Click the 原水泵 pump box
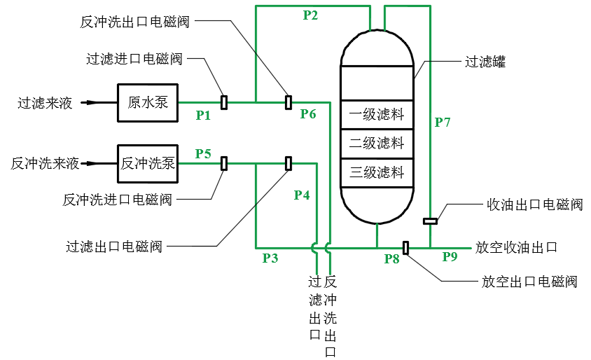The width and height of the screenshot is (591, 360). coord(148,102)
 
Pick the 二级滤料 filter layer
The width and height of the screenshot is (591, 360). coord(377,144)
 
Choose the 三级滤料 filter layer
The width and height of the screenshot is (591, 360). coord(377,172)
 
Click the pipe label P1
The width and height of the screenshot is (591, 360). coord(203,116)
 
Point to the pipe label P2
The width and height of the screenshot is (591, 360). coord(311,15)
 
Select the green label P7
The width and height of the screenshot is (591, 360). coord(443,123)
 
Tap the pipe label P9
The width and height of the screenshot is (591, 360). coord(450,258)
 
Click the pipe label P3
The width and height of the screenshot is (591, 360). coord(270,258)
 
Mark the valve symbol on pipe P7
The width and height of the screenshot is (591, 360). coord(431,222)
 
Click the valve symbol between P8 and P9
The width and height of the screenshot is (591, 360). coord(405,247)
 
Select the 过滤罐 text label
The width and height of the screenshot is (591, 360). coord(485,62)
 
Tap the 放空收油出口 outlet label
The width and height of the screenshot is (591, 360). coord(516,247)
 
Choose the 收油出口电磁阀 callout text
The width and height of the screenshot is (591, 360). coord(534,205)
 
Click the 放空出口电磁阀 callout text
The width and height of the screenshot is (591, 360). coord(529,282)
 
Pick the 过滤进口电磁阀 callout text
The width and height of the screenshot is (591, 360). coord(134,59)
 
